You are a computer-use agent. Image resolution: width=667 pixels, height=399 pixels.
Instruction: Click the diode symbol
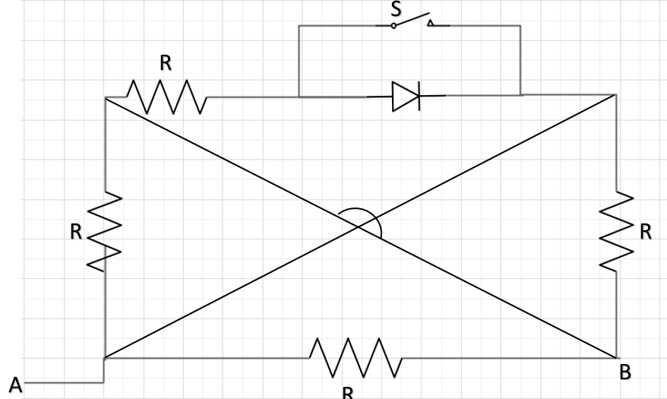point(406,97)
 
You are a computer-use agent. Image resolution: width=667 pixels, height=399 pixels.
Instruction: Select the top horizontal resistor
point(166,97)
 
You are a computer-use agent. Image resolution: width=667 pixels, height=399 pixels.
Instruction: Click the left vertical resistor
point(105,230)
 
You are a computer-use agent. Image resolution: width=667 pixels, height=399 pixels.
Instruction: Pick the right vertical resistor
point(616,230)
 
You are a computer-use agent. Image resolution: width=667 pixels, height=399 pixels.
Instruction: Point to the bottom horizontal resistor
point(355,357)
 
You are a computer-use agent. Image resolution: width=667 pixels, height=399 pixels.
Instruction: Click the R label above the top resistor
point(166,65)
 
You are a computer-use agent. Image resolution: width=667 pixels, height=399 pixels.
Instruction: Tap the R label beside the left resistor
point(76,233)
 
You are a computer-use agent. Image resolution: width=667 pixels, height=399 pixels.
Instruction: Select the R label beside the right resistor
point(646,233)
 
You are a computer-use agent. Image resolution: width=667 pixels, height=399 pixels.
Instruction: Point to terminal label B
point(625,373)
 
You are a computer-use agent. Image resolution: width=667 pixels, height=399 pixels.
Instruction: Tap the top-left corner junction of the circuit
point(105,97)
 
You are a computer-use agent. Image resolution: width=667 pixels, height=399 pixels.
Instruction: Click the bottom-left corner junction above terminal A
point(105,357)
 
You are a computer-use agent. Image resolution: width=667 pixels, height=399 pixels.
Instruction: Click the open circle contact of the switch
point(394,25)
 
